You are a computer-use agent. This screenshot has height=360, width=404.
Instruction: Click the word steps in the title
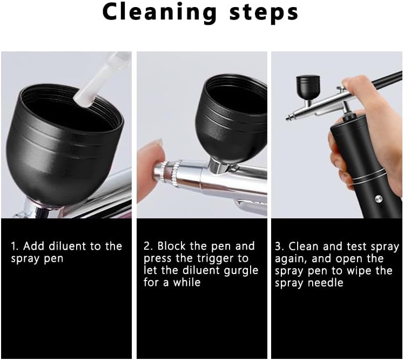(x=264, y=14)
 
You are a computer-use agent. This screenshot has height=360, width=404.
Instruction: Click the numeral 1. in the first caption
(x=15, y=246)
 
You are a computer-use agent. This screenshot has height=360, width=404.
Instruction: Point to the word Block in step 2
(x=171, y=246)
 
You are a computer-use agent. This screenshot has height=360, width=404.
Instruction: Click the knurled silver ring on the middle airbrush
(x=176, y=172)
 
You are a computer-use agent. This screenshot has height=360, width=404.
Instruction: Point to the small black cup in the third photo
(x=308, y=87)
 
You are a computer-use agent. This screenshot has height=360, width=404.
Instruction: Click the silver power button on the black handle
(x=379, y=198)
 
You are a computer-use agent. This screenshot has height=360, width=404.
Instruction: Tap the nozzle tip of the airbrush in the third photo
(x=287, y=118)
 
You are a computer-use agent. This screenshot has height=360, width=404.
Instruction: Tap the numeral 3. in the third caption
(x=279, y=246)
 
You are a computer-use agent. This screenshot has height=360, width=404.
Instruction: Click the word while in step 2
(x=187, y=282)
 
